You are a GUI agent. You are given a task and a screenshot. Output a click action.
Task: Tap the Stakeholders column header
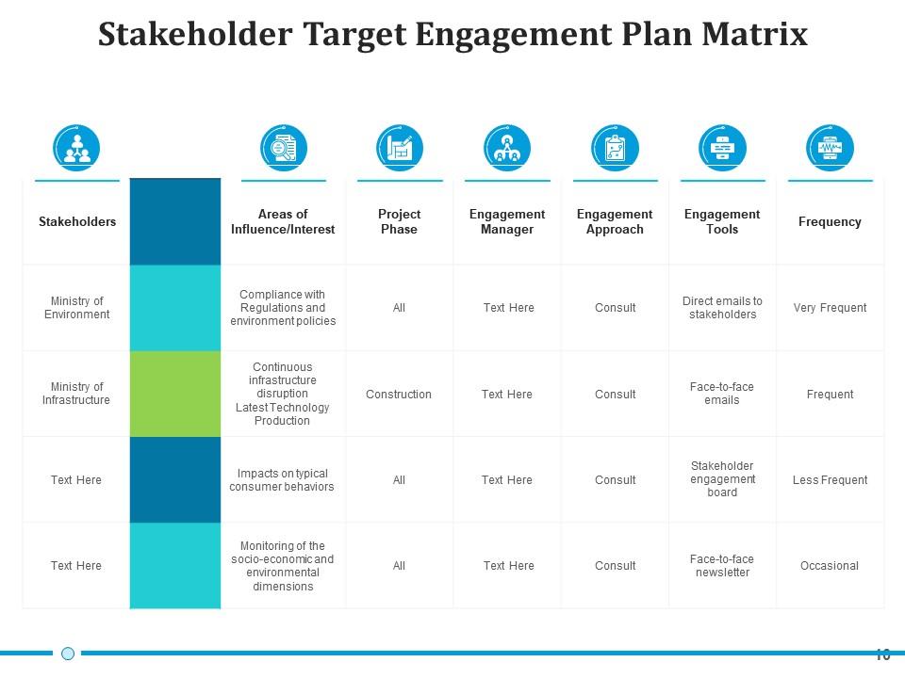coord(77,221)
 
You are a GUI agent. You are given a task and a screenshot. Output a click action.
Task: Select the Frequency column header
coord(830,221)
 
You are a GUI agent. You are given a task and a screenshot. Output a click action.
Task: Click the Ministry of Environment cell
coord(77,308)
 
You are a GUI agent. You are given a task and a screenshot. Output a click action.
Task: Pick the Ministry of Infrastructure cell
coord(77,394)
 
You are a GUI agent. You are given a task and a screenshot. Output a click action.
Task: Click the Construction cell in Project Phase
coord(399,395)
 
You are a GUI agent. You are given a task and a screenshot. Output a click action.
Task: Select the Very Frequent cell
coord(830,308)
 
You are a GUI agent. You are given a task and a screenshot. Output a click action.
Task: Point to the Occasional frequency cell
coord(830,566)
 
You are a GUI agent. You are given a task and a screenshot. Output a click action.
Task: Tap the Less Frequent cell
coord(830,480)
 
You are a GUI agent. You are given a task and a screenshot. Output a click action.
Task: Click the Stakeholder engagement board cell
coord(722,479)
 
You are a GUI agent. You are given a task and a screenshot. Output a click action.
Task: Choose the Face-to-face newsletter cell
coord(722,566)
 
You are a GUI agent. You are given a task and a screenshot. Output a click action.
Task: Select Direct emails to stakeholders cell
coord(722,308)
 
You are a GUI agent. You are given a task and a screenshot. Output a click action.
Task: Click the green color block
coord(175,394)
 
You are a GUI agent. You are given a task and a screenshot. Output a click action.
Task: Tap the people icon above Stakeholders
coord(76,148)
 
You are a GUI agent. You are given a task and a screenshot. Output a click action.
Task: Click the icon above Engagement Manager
coord(507,148)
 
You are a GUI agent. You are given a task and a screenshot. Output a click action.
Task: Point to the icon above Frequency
coord(830,148)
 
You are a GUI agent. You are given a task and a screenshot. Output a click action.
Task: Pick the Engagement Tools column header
coord(722,221)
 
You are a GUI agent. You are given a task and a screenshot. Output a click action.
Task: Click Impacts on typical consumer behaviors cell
coord(282,480)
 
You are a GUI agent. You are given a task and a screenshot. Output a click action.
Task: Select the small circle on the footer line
coord(68,654)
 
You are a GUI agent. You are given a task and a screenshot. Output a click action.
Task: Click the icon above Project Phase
coord(399,148)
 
